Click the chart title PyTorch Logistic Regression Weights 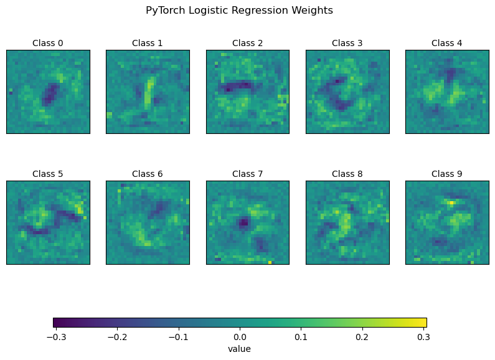(239, 11)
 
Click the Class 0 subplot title (48, 43)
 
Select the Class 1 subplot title (148, 43)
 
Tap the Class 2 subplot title (247, 43)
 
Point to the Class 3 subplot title (347, 43)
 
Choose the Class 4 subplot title (447, 43)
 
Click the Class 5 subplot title (48, 174)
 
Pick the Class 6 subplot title (148, 174)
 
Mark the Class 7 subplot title (247, 174)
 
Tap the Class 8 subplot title (347, 174)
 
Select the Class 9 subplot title (447, 174)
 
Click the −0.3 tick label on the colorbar (54, 337)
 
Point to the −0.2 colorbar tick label (116, 337)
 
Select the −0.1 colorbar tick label (177, 337)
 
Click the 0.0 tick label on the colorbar (240, 337)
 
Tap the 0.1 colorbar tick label (301, 337)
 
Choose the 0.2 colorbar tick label (362, 337)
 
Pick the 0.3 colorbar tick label (424, 337)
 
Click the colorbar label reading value (240, 349)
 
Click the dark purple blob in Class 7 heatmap (243, 222)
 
